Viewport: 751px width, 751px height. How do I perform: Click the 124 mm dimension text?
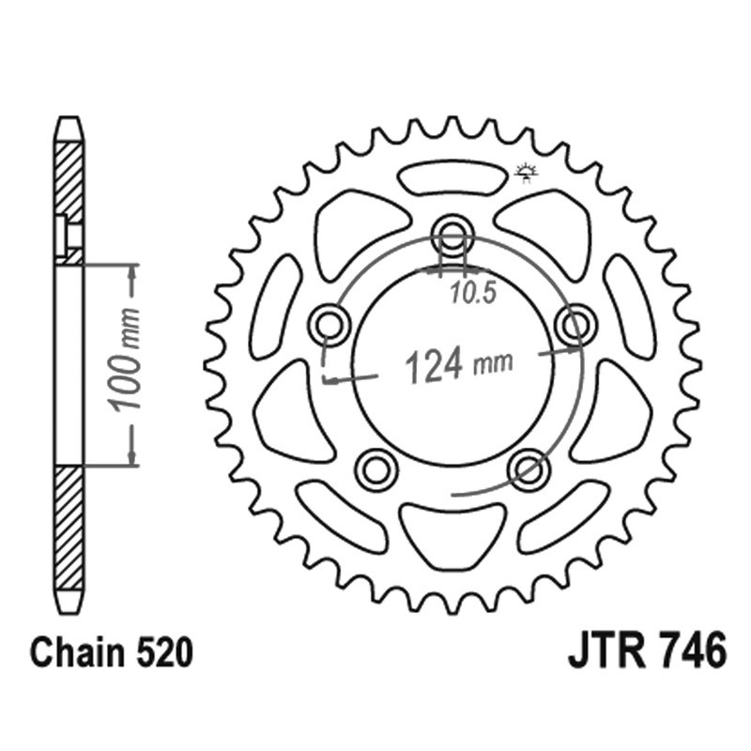coord(458,364)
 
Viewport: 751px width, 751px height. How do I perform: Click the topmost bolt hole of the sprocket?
coord(452,235)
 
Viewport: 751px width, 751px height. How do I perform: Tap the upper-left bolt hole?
coord(330,325)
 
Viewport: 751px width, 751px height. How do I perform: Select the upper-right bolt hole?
coord(575,325)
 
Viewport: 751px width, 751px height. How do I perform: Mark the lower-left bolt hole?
coord(376,468)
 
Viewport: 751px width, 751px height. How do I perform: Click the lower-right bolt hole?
coord(529,468)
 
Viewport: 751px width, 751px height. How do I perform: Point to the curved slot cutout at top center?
coord(452,177)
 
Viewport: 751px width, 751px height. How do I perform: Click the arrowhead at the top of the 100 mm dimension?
coord(132,271)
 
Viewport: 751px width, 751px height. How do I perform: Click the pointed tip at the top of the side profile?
coord(69,120)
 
